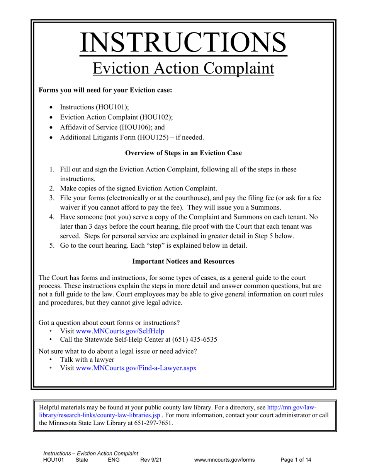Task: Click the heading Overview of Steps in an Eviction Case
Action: tap(183, 153)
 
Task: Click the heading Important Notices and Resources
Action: tap(183, 261)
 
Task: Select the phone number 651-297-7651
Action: tap(153, 423)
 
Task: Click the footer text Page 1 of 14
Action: tap(296, 460)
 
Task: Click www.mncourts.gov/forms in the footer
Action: tap(224, 460)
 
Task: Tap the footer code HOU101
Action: tap(53, 460)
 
